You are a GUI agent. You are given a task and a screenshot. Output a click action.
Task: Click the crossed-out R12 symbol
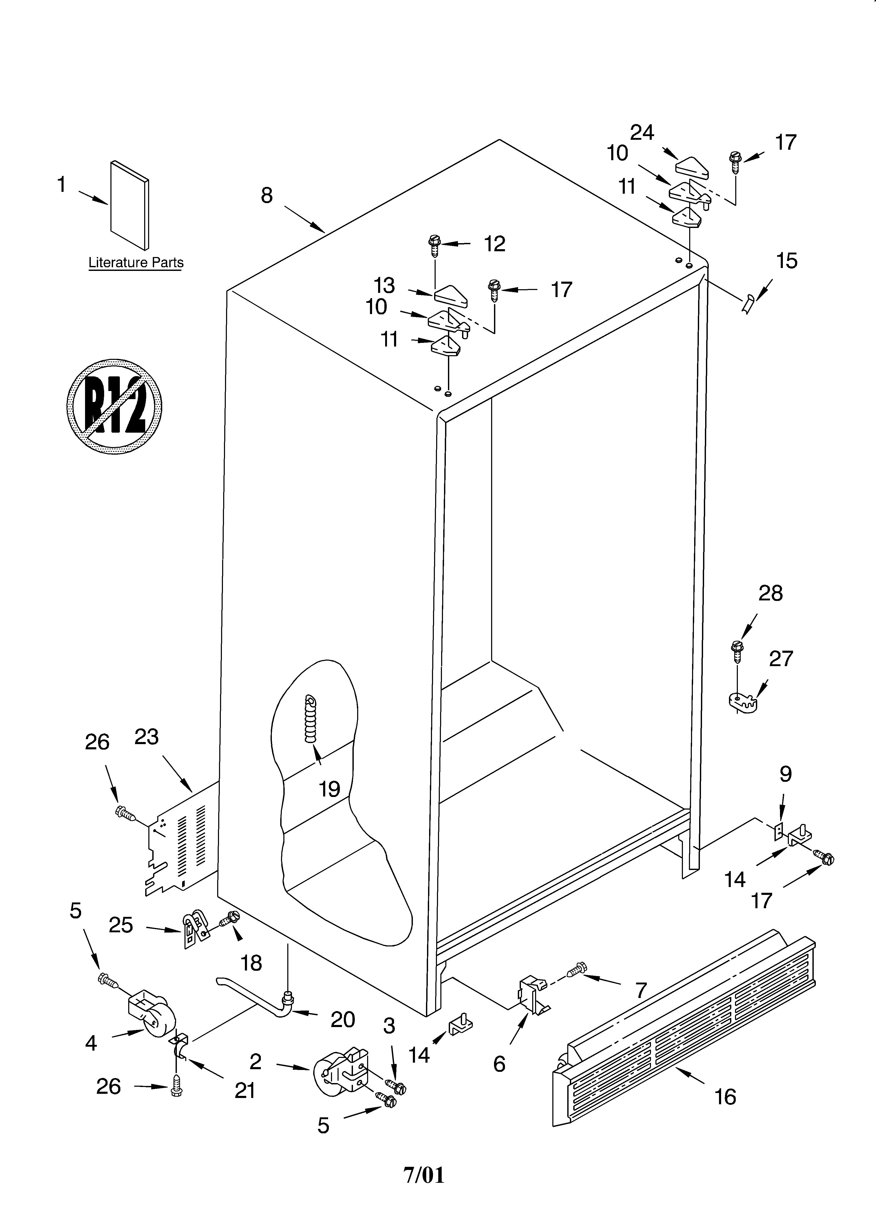pos(114,407)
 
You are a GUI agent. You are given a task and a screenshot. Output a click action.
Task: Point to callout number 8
pos(267,196)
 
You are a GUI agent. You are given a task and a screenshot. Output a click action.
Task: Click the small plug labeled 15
pos(747,304)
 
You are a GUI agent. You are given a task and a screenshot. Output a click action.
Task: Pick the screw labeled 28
pos(737,652)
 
